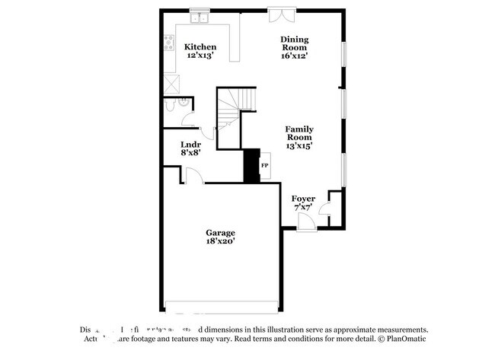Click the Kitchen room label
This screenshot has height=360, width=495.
[x=201, y=46]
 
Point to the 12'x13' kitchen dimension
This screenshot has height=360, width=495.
[x=201, y=56]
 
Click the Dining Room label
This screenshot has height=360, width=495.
[x=294, y=43]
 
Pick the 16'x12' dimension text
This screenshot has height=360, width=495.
[x=294, y=56]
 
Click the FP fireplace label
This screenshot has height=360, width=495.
[x=265, y=164]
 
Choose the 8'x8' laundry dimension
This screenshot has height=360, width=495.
[x=190, y=152]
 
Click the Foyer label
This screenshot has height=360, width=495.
[x=304, y=199]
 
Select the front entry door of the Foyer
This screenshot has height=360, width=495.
[x=305, y=222]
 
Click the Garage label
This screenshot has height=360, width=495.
[x=220, y=232]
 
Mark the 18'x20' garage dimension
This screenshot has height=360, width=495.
[x=220, y=241]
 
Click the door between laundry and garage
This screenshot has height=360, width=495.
[x=193, y=177]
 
